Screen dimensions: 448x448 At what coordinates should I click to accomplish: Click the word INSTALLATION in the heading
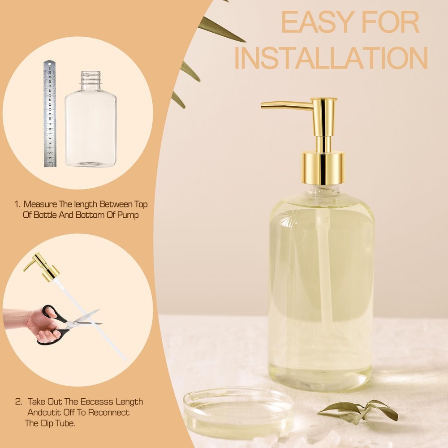pyautogui.click(x=331, y=58)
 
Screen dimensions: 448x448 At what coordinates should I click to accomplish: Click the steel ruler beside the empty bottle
pyautogui.click(x=50, y=114)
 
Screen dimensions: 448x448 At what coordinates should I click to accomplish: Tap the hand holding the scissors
pyautogui.click(x=37, y=324)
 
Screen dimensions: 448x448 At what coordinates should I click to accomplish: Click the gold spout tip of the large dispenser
pyautogui.click(x=263, y=106)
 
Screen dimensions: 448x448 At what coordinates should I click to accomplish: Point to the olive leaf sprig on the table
pyautogui.click(x=358, y=410)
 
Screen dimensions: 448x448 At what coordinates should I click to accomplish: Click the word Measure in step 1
pyautogui.click(x=40, y=204)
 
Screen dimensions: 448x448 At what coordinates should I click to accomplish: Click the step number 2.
pyautogui.click(x=18, y=402)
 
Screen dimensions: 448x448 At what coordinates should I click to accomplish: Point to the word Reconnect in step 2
pyautogui.click(x=108, y=413)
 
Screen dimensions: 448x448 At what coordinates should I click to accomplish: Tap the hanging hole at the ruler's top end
pyautogui.click(x=48, y=63)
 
